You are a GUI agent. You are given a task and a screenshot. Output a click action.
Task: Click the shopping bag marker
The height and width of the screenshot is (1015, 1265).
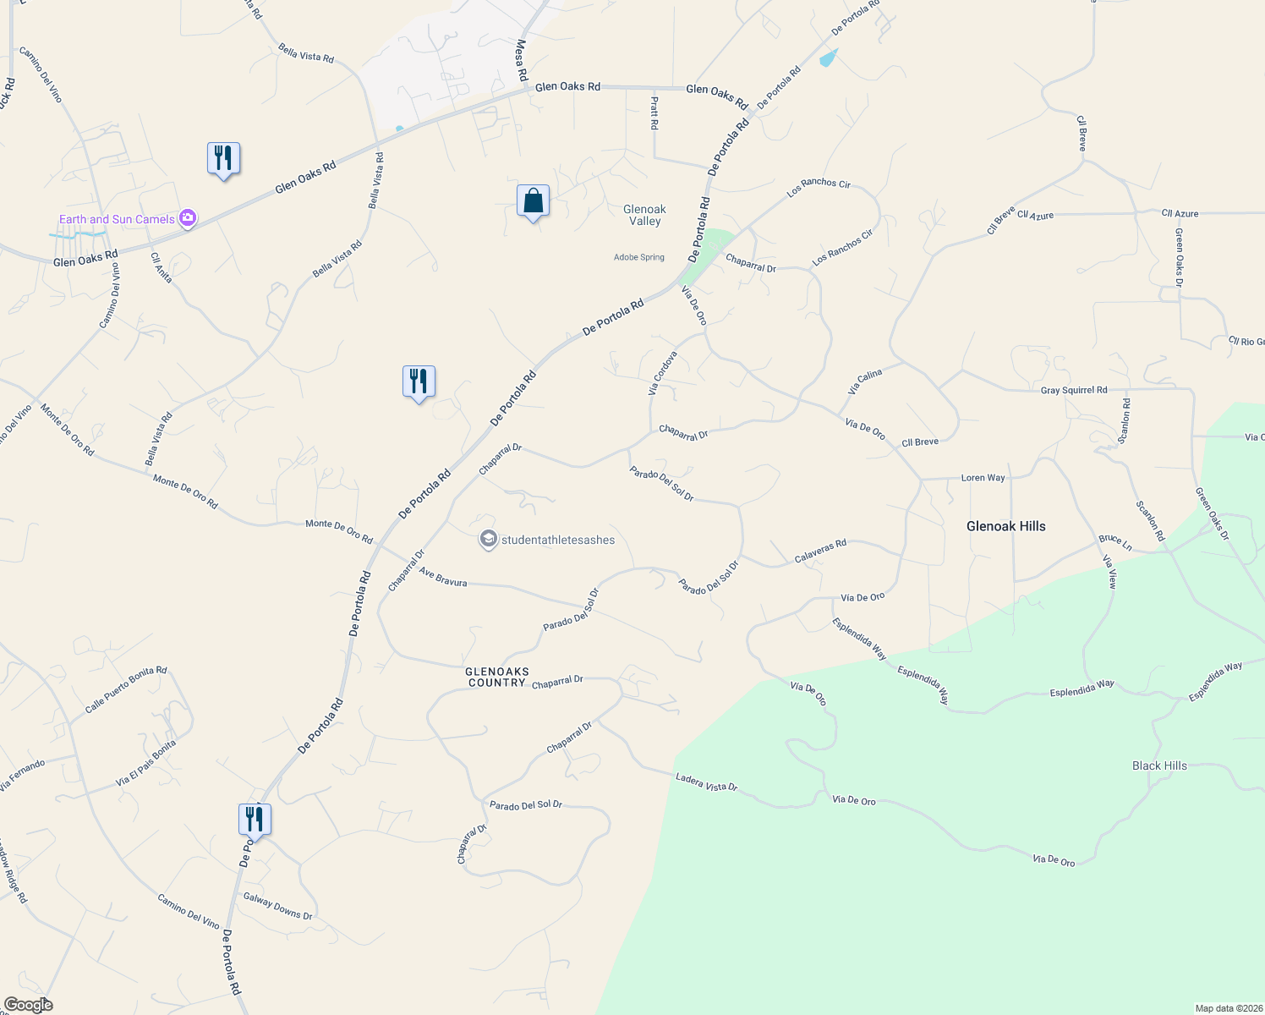tap(533, 201)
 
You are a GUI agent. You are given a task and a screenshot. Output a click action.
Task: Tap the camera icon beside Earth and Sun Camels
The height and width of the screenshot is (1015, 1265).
tap(188, 219)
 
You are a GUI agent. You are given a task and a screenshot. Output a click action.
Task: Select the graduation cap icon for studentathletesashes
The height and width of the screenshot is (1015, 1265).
tap(488, 540)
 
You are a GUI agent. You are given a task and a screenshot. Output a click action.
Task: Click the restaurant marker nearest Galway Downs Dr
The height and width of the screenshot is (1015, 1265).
tap(255, 820)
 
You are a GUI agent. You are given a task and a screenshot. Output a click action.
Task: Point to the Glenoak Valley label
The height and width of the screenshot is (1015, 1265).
tap(644, 215)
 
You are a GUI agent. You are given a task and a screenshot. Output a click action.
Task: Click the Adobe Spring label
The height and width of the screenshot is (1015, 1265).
tap(639, 257)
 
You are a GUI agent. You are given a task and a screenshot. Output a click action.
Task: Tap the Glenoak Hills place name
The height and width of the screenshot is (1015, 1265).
tap(1005, 526)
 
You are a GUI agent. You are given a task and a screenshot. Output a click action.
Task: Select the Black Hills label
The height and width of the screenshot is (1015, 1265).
tap(1159, 765)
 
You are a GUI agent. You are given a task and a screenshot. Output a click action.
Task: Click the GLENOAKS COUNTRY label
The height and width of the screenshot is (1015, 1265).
tap(497, 677)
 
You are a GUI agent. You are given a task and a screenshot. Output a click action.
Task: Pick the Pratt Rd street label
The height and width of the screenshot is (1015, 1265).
tap(654, 112)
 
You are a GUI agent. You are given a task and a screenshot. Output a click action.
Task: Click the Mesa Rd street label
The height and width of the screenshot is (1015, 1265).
tap(522, 60)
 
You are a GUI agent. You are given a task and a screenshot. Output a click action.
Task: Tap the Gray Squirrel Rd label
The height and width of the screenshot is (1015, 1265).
tap(1073, 390)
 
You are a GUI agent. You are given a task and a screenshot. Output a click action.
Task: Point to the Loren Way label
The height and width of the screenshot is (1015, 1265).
tap(983, 478)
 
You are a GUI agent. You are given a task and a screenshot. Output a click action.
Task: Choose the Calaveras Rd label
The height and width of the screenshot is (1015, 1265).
tap(820, 551)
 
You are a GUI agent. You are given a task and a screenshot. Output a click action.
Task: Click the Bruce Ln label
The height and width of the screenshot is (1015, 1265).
tap(1114, 541)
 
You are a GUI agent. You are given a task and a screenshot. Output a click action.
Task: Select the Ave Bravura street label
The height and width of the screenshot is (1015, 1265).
tap(443, 578)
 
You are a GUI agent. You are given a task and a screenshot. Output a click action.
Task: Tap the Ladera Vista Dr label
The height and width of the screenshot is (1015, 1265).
tap(706, 782)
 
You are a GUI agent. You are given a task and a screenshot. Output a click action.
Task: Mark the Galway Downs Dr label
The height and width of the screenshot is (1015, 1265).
tap(277, 906)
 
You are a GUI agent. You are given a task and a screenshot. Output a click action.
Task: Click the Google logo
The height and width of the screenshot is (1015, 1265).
tap(28, 1005)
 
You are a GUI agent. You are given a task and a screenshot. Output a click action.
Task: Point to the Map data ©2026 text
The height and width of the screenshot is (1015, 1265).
tap(1226, 1008)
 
